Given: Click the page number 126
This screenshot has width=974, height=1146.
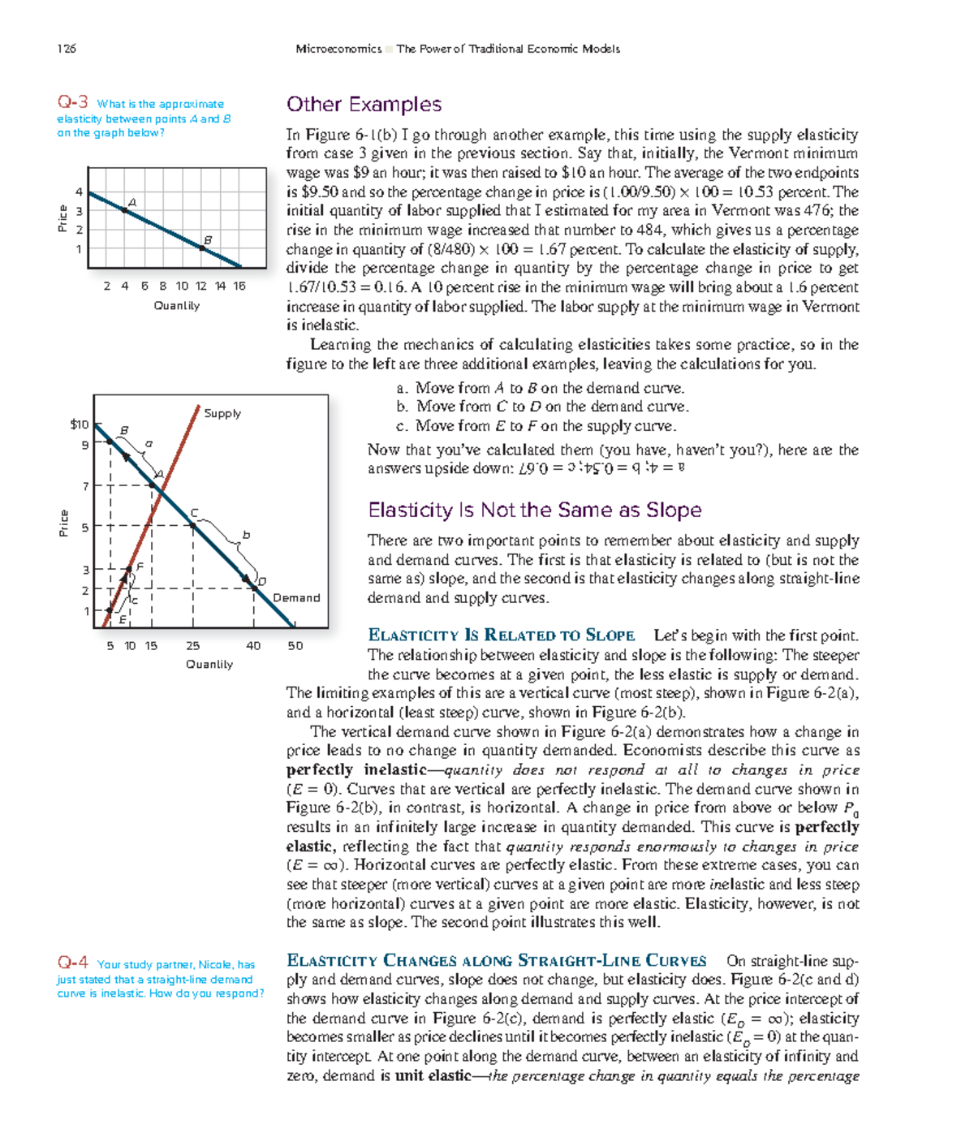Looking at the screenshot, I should (67, 49).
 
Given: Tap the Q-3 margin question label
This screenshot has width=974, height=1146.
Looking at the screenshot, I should (72, 102).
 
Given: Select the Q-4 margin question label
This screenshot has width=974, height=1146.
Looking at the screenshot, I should (72, 963).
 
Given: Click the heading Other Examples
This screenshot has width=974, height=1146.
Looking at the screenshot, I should (364, 105).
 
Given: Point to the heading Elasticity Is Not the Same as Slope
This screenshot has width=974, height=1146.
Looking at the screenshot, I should (534, 511).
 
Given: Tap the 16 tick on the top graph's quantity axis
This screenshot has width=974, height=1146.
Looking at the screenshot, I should (239, 286).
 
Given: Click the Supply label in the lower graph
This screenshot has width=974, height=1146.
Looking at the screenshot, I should (222, 413).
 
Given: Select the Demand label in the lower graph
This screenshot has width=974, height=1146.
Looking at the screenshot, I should (296, 598).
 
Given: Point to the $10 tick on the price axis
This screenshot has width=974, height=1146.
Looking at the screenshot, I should (80, 424).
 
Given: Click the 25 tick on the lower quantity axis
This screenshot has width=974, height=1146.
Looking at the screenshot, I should (192, 646).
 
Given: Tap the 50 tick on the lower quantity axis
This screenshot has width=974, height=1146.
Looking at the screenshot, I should (295, 646).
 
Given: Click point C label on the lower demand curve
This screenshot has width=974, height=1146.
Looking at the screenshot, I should (194, 513).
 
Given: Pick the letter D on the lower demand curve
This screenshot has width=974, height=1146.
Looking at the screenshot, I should (261, 581).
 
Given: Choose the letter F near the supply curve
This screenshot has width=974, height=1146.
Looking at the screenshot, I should (140, 567).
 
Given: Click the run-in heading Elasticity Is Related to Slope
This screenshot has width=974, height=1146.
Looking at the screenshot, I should (501, 635).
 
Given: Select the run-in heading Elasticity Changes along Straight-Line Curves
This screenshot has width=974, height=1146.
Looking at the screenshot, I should (496, 961).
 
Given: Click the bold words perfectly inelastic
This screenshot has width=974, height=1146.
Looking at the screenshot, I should (356, 769).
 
